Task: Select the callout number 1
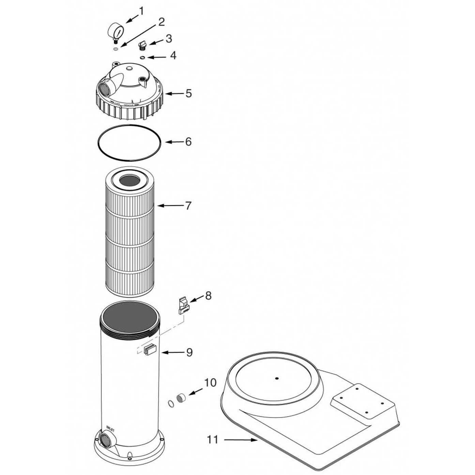[x=141, y=11]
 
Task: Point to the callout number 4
[x=173, y=56]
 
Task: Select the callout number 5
[x=188, y=93]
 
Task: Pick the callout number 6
[x=188, y=141]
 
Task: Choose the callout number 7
[x=188, y=205]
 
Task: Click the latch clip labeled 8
[x=183, y=304]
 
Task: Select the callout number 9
[x=189, y=352]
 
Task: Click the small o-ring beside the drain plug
[x=171, y=403]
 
